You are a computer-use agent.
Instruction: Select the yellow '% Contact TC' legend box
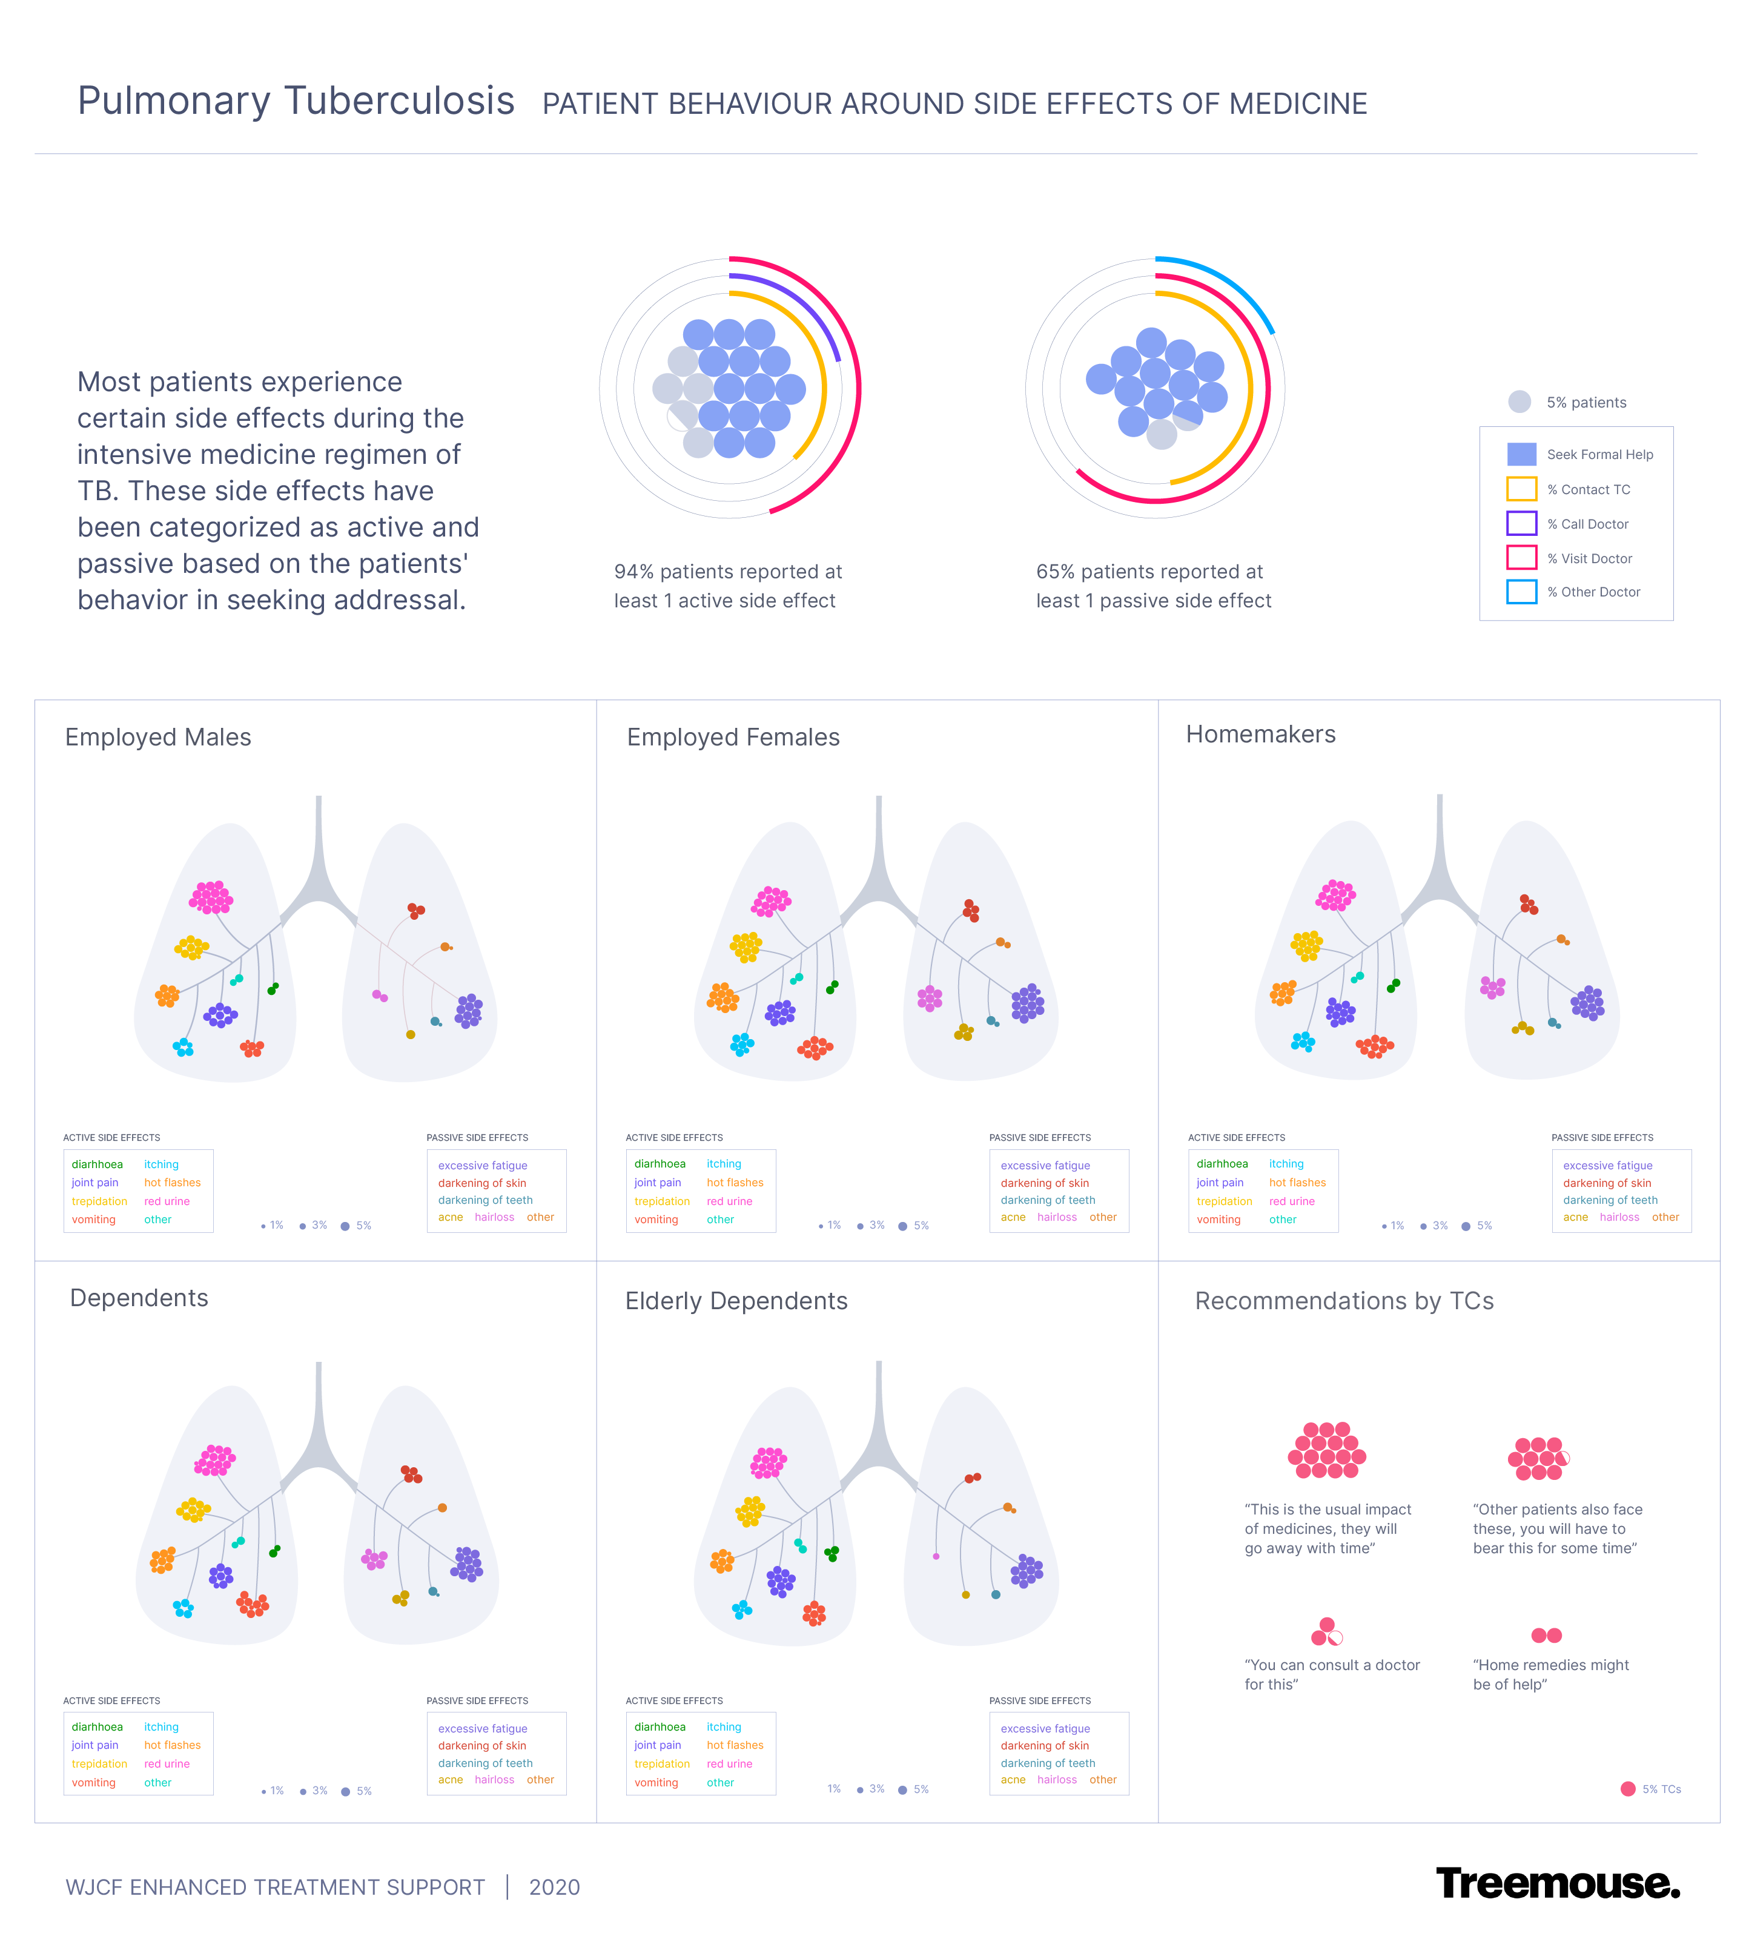tap(1521, 489)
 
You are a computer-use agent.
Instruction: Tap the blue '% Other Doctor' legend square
tap(1521, 592)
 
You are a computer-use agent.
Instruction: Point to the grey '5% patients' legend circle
tap(1519, 402)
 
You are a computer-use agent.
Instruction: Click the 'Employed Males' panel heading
tap(158, 738)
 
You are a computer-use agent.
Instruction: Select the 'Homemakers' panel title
tap(1260, 735)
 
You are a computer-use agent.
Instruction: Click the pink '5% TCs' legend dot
tap(1627, 1789)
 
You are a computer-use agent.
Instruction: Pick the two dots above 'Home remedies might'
tap(1547, 1635)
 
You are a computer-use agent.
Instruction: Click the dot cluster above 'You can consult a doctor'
tap(1327, 1633)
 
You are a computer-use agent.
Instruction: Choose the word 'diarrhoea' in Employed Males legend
tap(97, 1164)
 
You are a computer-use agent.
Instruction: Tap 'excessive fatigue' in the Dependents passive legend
tap(483, 1728)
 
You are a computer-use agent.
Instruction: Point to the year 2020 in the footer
tap(555, 1887)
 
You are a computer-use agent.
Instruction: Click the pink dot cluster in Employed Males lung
tap(211, 897)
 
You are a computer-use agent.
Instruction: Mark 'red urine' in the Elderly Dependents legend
tap(729, 1764)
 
